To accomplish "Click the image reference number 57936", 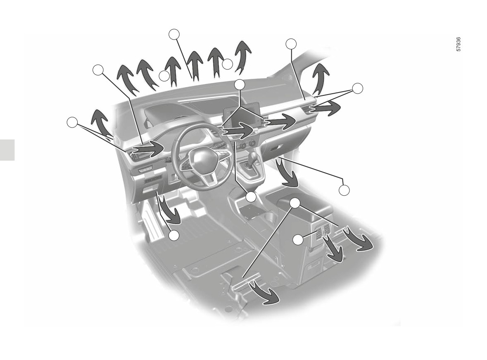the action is [x=459, y=44].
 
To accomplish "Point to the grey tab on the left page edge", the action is [x=7, y=150].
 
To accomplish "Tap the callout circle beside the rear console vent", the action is [x=298, y=240].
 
